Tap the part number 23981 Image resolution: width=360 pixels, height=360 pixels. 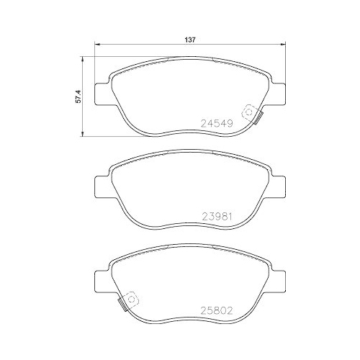pyautogui.click(x=218, y=217)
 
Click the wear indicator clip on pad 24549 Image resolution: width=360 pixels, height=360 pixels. pyautogui.click(x=251, y=113)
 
